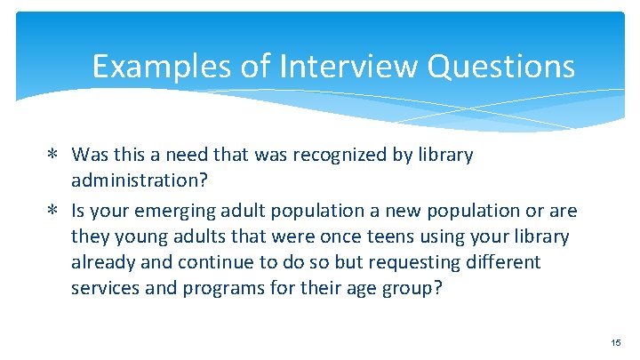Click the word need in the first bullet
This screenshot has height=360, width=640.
click(209, 155)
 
